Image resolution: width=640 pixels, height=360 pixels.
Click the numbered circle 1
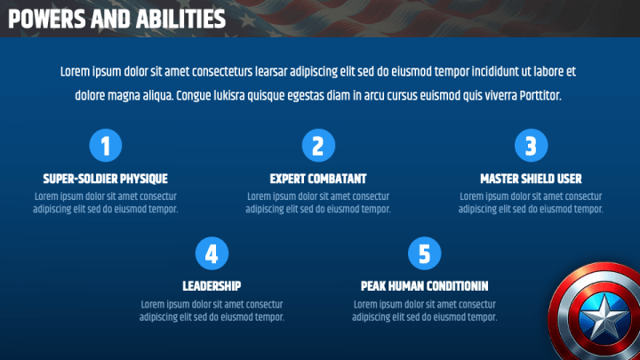tap(106, 145)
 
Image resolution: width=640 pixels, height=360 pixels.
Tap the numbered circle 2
tap(318, 145)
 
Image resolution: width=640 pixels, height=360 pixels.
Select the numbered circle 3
tap(531, 145)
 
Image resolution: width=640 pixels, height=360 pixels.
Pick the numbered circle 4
tap(212, 253)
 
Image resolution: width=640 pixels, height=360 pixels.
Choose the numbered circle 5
tap(424, 253)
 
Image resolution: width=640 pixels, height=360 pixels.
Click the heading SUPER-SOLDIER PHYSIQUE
tap(106, 179)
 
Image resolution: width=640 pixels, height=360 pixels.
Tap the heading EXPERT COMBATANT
tap(318, 179)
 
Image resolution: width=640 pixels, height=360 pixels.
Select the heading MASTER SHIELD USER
tap(531, 179)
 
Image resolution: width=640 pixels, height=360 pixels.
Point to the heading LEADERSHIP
tap(212, 286)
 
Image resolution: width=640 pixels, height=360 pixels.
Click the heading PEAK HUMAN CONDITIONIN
tap(424, 286)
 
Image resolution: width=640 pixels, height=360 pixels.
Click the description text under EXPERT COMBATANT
tap(318, 203)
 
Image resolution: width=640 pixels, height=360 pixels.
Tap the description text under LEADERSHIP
tap(212, 310)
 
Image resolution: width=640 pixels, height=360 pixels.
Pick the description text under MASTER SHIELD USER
tap(531, 203)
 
